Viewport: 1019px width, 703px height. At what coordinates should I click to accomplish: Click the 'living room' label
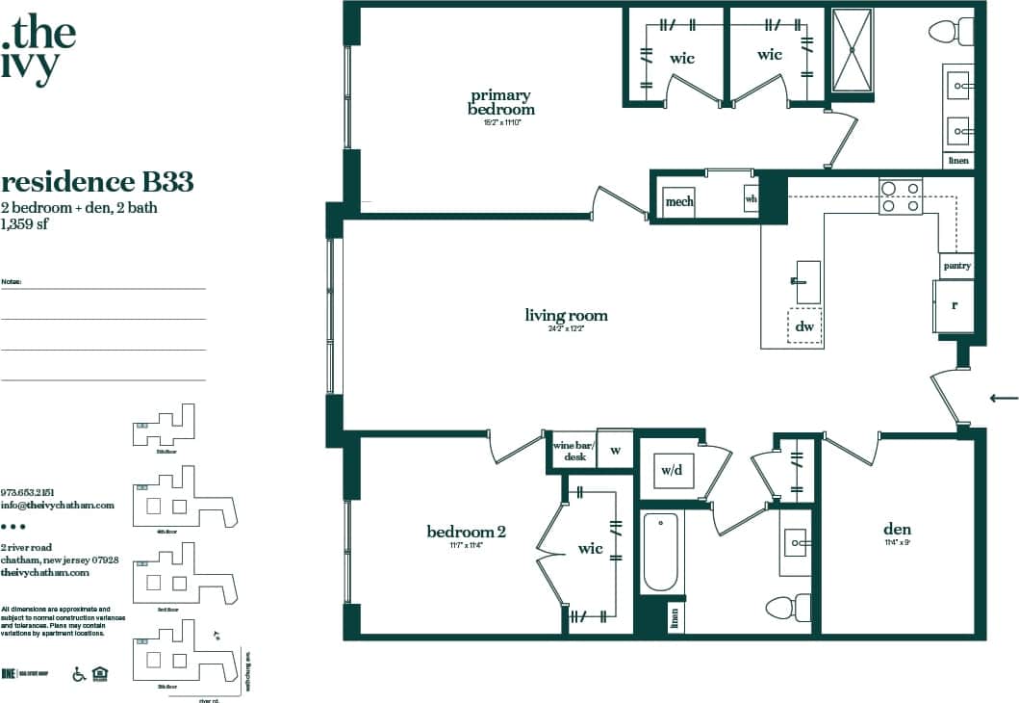(x=566, y=316)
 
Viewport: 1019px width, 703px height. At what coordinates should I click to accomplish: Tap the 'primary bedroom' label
(x=500, y=102)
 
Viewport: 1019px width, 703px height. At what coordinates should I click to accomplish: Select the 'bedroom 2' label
(x=466, y=532)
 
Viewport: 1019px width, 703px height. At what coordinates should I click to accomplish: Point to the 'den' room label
(x=897, y=530)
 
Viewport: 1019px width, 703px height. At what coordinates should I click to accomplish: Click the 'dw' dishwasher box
(x=805, y=327)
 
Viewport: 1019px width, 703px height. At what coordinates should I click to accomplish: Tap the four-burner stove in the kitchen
(x=901, y=196)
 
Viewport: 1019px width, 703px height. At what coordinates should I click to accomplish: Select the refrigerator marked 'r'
(x=954, y=306)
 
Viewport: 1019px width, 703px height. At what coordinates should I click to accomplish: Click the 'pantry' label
(x=956, y=266)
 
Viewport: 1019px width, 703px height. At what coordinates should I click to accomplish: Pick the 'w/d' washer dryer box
(x=671, y=470)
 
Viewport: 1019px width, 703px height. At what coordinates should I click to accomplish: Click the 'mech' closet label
(x=679, y=202)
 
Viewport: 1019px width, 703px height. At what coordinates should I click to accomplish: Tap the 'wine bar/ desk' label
(x=574, y=451)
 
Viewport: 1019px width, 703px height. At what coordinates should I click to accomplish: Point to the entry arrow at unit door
(x=1004, y=397)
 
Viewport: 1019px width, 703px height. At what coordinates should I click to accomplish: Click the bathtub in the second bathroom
(x=660, y=552)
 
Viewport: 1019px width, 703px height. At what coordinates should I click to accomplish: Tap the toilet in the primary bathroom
(x=952, y=31)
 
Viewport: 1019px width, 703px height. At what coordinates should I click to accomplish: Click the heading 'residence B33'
(x=97, y=181)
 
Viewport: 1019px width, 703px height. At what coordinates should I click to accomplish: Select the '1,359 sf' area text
(x=25, y=224)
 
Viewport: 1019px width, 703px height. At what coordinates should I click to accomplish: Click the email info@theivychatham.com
(x=58, y=505)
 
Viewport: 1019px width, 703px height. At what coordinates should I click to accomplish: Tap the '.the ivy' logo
(x=39, y=48)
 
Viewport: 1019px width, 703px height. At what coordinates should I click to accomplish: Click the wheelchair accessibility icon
(x=79, y=674)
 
